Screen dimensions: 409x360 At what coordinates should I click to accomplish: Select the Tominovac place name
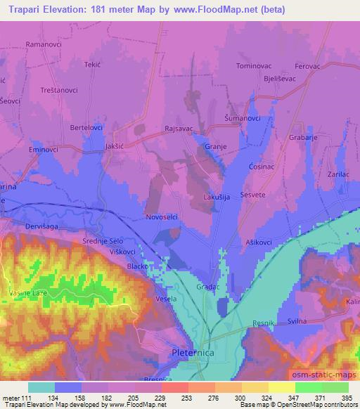(x=254, y=65)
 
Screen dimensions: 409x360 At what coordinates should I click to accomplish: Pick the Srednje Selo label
(x=103, y=240)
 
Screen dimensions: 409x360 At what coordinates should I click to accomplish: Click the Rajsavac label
(x=179, y=128)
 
